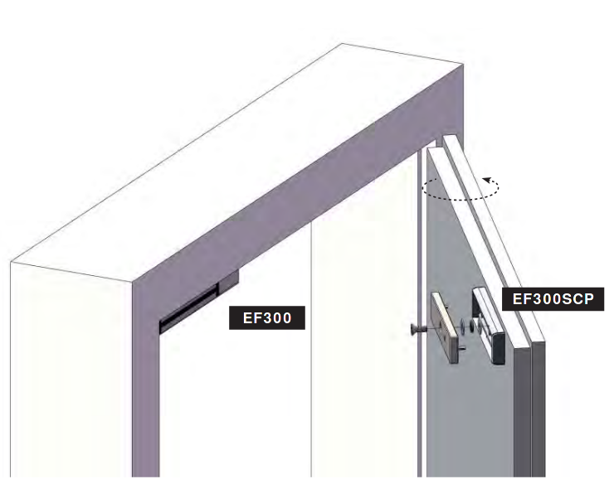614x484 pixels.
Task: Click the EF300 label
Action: (266, 317)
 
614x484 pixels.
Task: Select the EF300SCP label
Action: (553, 299)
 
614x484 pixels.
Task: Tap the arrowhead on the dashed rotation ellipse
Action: (487, 181)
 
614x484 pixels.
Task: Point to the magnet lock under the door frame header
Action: (188, 308)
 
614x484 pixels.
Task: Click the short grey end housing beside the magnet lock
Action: (228, 282)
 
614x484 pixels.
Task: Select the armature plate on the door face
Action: (445, 327)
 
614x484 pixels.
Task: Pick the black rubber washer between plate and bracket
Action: (472, 326)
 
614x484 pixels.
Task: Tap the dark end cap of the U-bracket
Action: (498, 348)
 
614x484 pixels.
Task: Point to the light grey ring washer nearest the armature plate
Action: (463, 324)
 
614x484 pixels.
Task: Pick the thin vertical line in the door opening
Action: (311, 349)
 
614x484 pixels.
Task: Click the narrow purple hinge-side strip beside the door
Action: (419, 313)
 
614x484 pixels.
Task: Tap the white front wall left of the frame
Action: (71, 372)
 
